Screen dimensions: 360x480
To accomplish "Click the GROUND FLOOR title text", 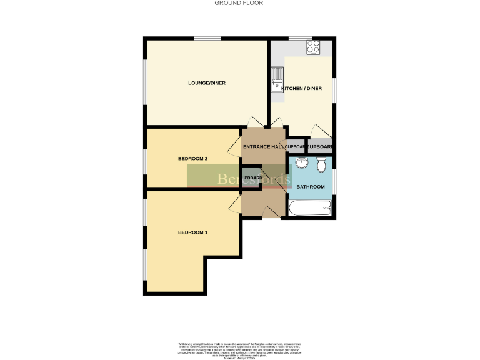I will point(239,3).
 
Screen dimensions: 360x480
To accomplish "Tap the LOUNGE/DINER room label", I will point(207,83).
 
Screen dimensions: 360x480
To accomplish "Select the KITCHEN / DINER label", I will point(302,89).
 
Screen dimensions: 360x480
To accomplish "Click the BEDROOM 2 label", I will point(192,159).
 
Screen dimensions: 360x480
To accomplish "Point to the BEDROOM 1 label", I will point(192,232).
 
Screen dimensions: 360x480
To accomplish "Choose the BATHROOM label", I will point(311,187).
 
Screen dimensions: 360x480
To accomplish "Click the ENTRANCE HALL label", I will point(263,147).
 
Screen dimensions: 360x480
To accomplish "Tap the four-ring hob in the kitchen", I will point(312,47).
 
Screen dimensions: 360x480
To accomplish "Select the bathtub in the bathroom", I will point(310,207).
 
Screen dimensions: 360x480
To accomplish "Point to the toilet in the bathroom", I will point(321,165).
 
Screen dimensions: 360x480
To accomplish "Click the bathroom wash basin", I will point(302,163).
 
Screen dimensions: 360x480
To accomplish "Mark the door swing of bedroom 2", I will point(235,148).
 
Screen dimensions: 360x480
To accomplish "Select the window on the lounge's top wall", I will point(206,39).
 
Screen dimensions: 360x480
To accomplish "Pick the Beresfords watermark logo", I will point(239,177).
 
